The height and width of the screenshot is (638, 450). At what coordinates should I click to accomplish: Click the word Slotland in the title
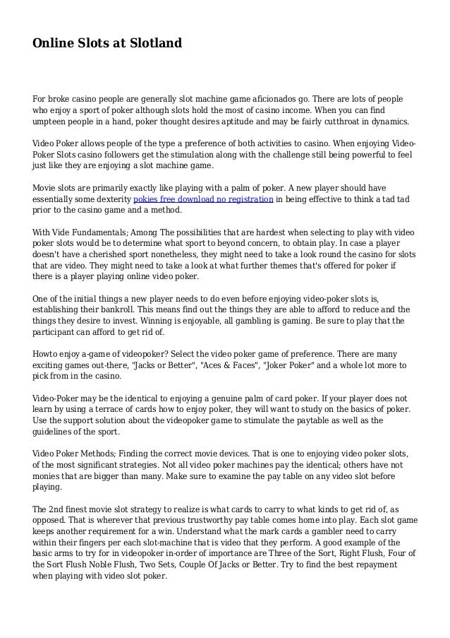pyautogui.click(x=153, y=44)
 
